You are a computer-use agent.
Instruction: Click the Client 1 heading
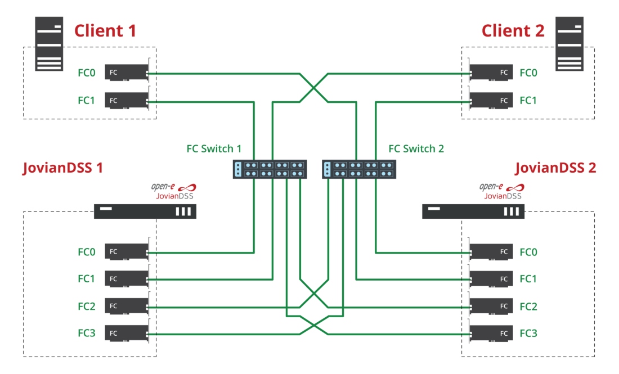[x=105, y=30]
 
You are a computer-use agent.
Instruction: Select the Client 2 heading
[x=513, y=30]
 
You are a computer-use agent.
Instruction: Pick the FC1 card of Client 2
[x=491, y=101]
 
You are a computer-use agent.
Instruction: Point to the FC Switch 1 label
[x=214, y=149]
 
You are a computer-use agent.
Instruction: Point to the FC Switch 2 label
[x=416, y=149]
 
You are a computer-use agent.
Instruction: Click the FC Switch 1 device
[x=270, y=169]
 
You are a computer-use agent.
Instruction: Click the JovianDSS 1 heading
[x=63, y=168]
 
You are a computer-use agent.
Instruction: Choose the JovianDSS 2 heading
[x=555, y=168]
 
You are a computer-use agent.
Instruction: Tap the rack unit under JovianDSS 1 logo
[x=145, y=211]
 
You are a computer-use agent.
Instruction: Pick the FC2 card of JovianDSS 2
[x=491, y=307]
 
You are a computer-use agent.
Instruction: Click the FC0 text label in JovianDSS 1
[x=87, y=252]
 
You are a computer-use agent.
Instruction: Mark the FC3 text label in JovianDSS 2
[x=528, y=334]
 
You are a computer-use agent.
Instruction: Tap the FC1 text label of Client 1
[x=87, y=101]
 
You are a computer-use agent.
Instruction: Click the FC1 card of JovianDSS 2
[x=491, y=279]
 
